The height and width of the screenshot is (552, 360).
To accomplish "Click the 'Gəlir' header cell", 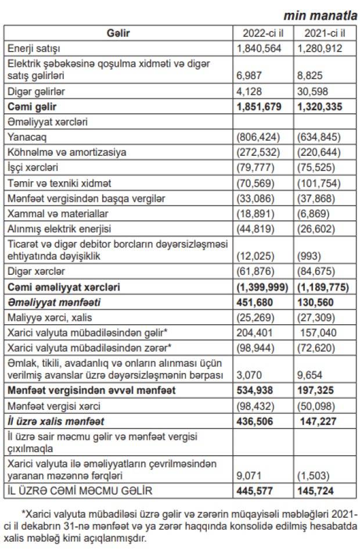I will [x=118, y=33].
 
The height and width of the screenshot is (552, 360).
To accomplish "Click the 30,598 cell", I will [x=314, y=92].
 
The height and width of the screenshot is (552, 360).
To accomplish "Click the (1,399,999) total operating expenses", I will [x=263, y=287].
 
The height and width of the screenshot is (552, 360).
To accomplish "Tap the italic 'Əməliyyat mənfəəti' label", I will [x=47, y=302].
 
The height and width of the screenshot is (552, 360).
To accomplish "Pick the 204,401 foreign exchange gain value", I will [x=254, y=332].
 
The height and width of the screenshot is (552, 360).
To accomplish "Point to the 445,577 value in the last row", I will [x=255, y=491].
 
